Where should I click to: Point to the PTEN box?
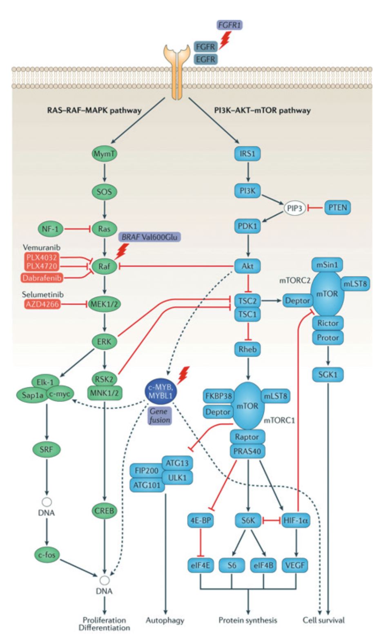tap(338, 208)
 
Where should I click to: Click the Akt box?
tap(247, 266)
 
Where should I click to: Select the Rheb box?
tap(247, 349)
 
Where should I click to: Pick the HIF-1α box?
tap(296, 521)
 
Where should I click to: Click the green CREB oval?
tap(105, 510)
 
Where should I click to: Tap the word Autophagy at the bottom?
tap(165, 620)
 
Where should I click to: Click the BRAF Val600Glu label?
tap(149, 237)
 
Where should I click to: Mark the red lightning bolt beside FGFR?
tap(225, 40)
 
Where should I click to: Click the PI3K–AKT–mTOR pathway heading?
tap(262, 110)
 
